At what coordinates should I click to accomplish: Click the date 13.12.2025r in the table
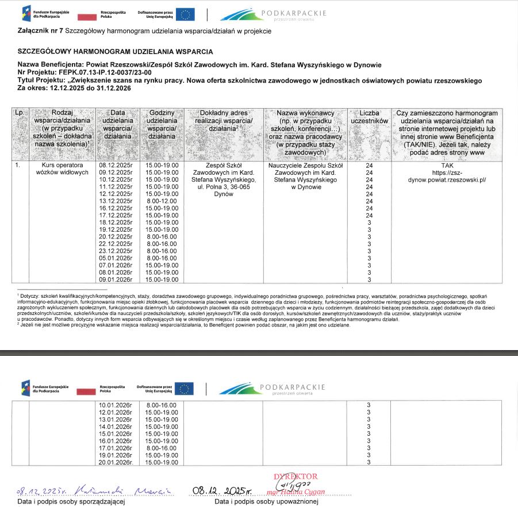pyautogui.click(x=116, y=201)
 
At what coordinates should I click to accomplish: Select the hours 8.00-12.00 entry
pyautogui.click(x=162, y=201)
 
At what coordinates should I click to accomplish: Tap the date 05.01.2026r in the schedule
pyautogui.click(x=116, y=258)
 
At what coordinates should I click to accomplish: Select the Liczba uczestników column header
pyautogui.click(x=370, y=117)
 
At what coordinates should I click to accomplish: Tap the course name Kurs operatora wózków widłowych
pyautogui.click(x=62, y=169)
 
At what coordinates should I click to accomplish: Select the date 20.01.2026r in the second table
pyautogui.click(x=116, y=462)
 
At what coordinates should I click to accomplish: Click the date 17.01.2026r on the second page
pyautogui.click(x=116, y=441)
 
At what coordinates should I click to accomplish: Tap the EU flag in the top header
pyautogui.click(x=185, y=14)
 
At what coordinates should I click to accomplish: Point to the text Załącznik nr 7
pyautogui.click(x=40, y=31)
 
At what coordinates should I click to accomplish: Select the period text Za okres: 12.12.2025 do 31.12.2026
pyautogui.click(x=75, y=89)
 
